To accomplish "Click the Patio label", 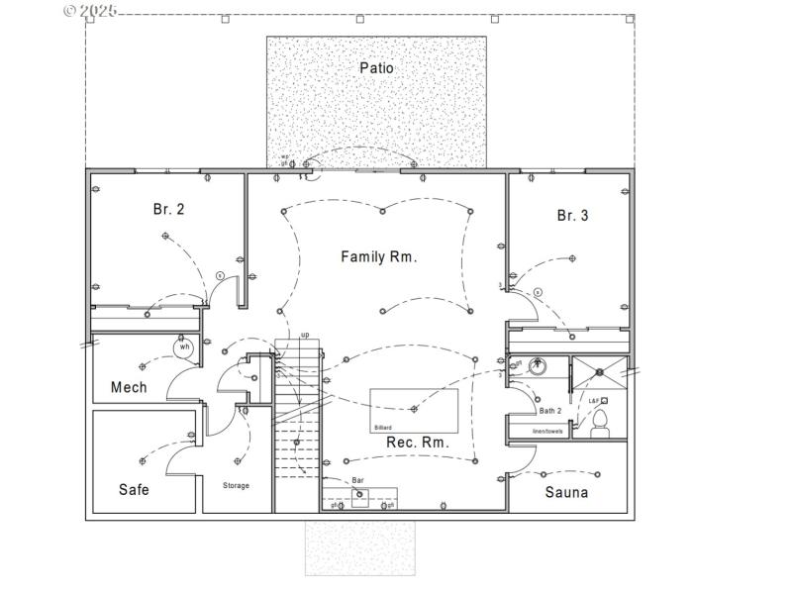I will pyautogui.click(x=376, y=68).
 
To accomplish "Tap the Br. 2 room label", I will pyautogui.click(x=168, y=209).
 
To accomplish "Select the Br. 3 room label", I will pyautogui.click(x=572, y=215).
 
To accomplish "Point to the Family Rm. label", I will pyautogui.click(x=379, y=256).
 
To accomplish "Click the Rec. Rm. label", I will pyautogui.click(x=417, y=443).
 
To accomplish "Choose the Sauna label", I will pyautogui.click(x=566, y=492).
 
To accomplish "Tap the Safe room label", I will pyautogui.click(x=134, y=489).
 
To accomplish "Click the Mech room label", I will pyautogui.click(x=129, y=387).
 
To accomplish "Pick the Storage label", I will pyautogui.click(x=236, y=485).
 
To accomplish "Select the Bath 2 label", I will pyautogui.click(x=550, y=410).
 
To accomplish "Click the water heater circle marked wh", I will pyautogui.click(x=184, y=346).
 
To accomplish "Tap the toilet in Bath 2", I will pyautogui.click(x=599, y=427).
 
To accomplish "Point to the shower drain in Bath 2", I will pyautogui.click(x=598, y=371).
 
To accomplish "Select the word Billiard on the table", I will pyautogui.click(x=383, y=428).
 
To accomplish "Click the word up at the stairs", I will pyautogui.click(x=305, y=335).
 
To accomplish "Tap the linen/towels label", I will pyautogui.click(x=547, y=431).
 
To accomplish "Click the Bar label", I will pyautogui.click(x=358, y=480).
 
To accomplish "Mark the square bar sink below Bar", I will pyautogui.click(x=360, y=498).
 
